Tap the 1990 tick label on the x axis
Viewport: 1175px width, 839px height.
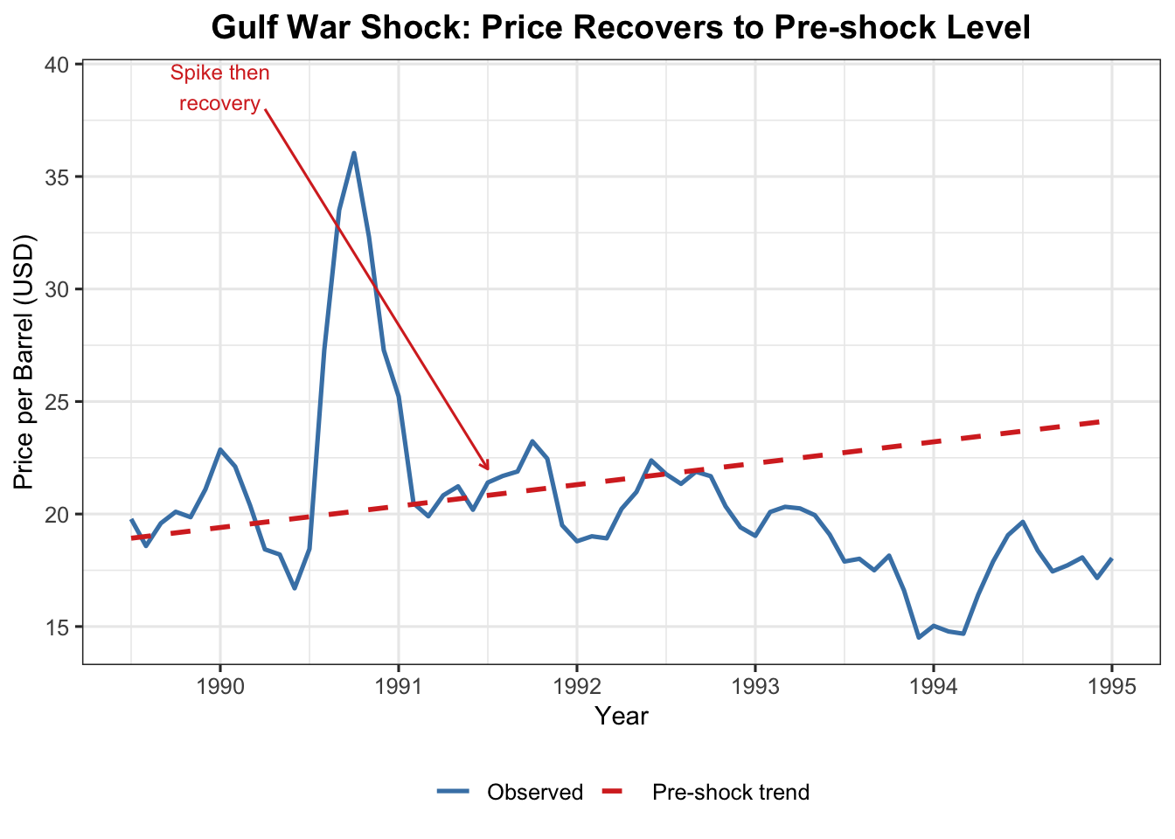click(219, 686)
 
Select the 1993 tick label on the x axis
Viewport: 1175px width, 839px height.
click(755, 686)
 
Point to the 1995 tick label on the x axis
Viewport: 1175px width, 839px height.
click(1112, 686)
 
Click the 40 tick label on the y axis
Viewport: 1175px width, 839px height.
click(58, 65)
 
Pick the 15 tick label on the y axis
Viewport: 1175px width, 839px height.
click(58, 627)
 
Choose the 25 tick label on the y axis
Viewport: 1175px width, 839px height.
click(58, 402)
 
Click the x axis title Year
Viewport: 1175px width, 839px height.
click(622, 717)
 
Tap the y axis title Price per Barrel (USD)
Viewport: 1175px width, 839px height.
click(24, 362)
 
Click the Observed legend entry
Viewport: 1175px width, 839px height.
click(534, 793)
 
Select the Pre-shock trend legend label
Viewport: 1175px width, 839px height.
click(731, 793)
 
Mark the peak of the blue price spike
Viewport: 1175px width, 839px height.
click(354, 153)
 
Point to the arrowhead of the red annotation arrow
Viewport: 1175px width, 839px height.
click(487, 468)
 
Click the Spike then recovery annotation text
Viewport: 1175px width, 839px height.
click(220, 88)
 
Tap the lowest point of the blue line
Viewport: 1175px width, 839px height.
click(919, 638)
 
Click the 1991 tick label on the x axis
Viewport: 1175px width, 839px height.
click(399, 686)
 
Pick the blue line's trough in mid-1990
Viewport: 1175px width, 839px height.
click(295, 588)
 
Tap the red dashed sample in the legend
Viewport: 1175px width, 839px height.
click(614, 793)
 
